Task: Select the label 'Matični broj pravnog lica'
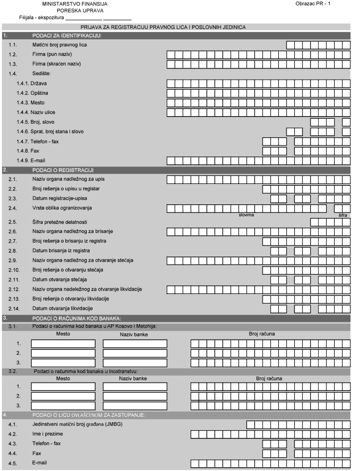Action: (60, 45)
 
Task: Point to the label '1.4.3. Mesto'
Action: (31, 102)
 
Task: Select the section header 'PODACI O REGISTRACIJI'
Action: (63, 170)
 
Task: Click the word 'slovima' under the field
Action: (246, 215)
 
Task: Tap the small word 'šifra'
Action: (343, 215)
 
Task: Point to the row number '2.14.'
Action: (14, 308)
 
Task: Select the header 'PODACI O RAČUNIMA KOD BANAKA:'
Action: (76, 318)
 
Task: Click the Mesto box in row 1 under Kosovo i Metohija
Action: (63, 343)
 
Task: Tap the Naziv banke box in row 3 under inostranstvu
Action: (135, 405)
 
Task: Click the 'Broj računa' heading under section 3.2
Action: (269, 378)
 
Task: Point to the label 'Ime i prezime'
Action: (47, 434)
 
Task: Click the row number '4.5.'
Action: (13, 463)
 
